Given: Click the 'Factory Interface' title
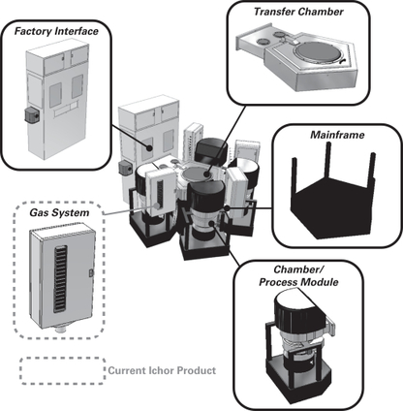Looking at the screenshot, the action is point(56,31).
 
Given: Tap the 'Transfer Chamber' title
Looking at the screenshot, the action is point(298,12).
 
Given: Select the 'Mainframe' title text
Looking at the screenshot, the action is point(337,135).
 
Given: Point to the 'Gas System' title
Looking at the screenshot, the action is point(59,213).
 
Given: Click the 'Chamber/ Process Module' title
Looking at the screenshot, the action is point(298,275).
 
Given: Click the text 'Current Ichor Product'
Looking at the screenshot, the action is point(162,370).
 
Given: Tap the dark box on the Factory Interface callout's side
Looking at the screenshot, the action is point(32,115).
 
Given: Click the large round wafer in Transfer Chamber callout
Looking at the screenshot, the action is point(318,54).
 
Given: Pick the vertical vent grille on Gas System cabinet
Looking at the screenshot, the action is point(61,279).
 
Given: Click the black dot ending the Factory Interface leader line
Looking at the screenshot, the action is point(149,148).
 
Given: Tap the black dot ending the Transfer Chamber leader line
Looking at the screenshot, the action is point(206,174).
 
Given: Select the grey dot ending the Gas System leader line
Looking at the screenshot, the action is point(157,205).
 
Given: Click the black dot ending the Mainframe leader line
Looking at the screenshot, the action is point(227,208).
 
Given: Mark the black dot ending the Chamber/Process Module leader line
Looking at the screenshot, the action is point(211,223).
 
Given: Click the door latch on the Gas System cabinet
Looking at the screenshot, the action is point(91,273).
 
